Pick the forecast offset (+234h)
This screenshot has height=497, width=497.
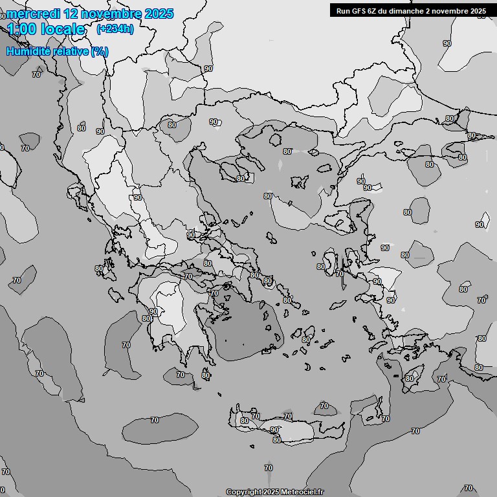tap(115, 29)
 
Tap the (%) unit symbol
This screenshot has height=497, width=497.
tap(100, 51)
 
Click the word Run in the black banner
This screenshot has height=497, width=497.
tap(343, 10)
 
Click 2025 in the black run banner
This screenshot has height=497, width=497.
tap(478, 10)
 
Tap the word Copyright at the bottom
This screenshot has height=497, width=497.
tap(244, 492)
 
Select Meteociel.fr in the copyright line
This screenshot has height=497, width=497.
tap(302, 492)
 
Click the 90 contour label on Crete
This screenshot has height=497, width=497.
tap(274, 430)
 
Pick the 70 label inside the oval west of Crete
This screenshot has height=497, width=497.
tap(154, 420)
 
